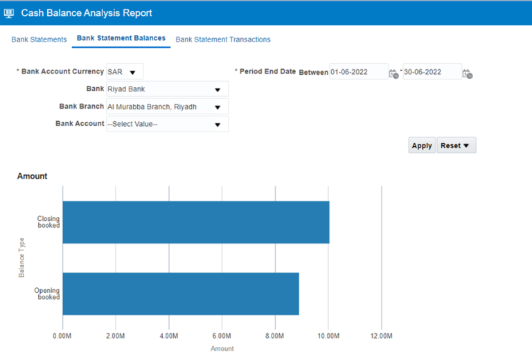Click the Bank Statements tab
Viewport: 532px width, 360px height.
point(39,39)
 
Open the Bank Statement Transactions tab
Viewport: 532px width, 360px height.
point(223,39)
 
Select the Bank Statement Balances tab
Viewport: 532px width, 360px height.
point(121,38)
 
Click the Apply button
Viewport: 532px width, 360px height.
point(421,145)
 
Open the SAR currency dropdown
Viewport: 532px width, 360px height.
point(132,72)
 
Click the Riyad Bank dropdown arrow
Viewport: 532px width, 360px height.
point(218,89)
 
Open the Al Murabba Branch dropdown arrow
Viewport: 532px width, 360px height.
point(218,107)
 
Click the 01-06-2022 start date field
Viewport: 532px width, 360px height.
point(358,72)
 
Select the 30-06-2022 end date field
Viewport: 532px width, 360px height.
point(431,72)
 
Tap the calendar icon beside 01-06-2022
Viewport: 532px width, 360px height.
point(393,73)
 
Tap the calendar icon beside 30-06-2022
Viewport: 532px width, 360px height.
point(467,73)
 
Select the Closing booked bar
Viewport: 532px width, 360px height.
point(195,222)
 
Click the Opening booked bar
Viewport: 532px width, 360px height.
point(180,294)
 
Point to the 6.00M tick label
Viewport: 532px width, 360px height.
point(222,336)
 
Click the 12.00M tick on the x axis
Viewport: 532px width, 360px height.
point(381,336)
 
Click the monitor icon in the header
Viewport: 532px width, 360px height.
point(10,13)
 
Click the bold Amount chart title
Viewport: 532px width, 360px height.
point(33,177)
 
